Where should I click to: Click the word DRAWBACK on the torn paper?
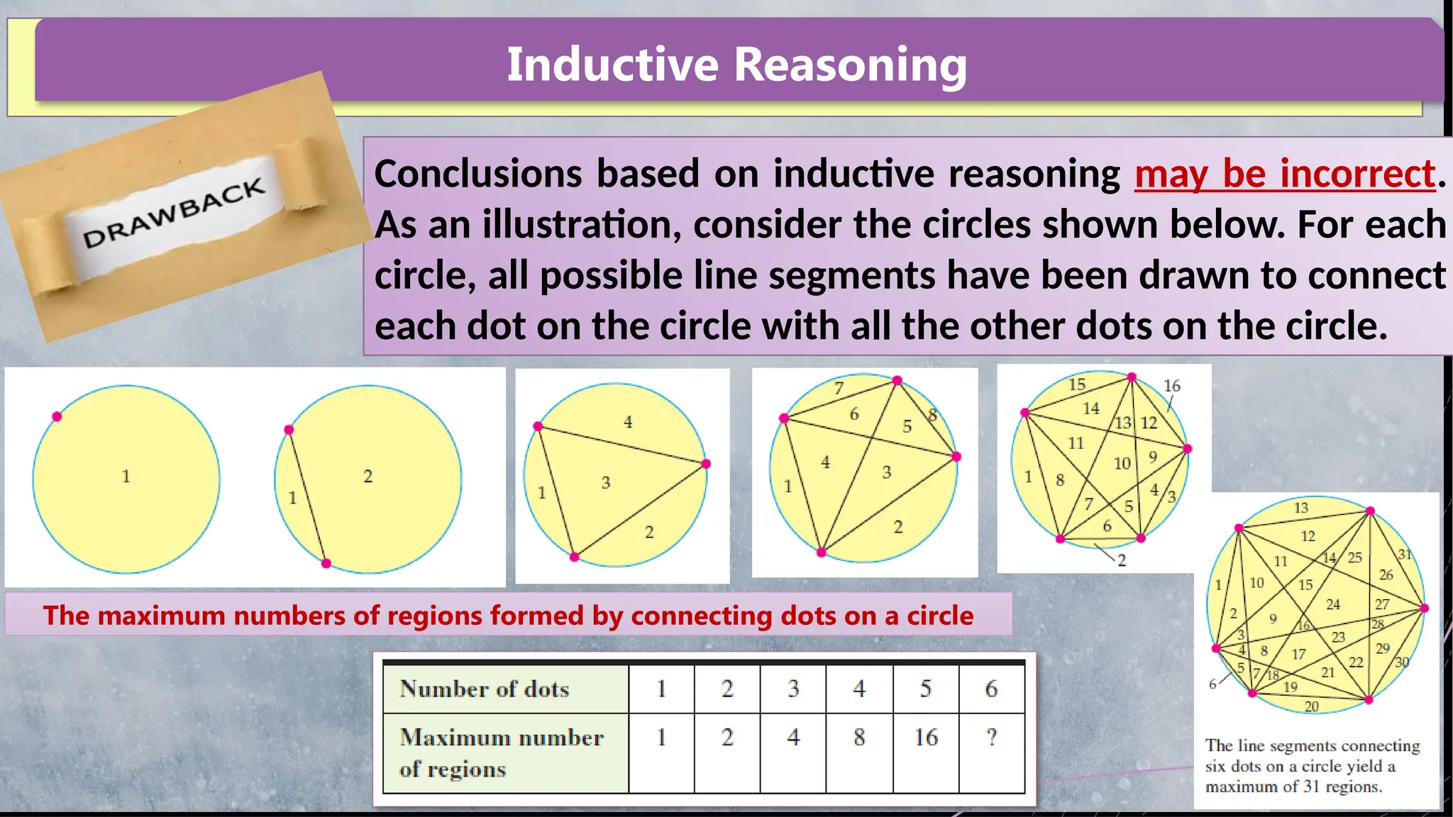(174, 213)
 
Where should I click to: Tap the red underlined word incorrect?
(1358, 174)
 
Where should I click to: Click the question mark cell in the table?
(991, 738)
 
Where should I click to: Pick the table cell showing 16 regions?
(926, 738)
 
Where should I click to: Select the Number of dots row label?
(485, 689)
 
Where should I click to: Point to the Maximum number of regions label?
(501, 752)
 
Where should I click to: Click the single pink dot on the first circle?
(57, 416)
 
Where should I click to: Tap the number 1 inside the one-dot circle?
(126, 476)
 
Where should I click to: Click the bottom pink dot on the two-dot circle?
(326, 564)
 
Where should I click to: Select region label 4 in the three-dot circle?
(628, 422)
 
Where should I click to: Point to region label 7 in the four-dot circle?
(839, 388)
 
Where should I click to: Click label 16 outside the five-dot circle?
(1172, 386)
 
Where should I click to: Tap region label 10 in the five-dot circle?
(1122, 464)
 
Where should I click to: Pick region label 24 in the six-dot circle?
(1333, 604)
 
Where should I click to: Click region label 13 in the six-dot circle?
(1300, 508)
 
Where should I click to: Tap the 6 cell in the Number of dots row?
(991, 689)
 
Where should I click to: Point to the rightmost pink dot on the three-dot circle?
(705, 464)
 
